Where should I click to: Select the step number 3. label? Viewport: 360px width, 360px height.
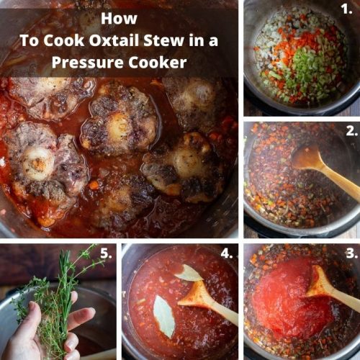pos(350,253)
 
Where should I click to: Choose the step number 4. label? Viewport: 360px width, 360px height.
pos(228,253)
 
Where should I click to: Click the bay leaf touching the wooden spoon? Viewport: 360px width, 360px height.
pos(188,273)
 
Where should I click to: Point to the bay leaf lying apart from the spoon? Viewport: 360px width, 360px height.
pos(163,317)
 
